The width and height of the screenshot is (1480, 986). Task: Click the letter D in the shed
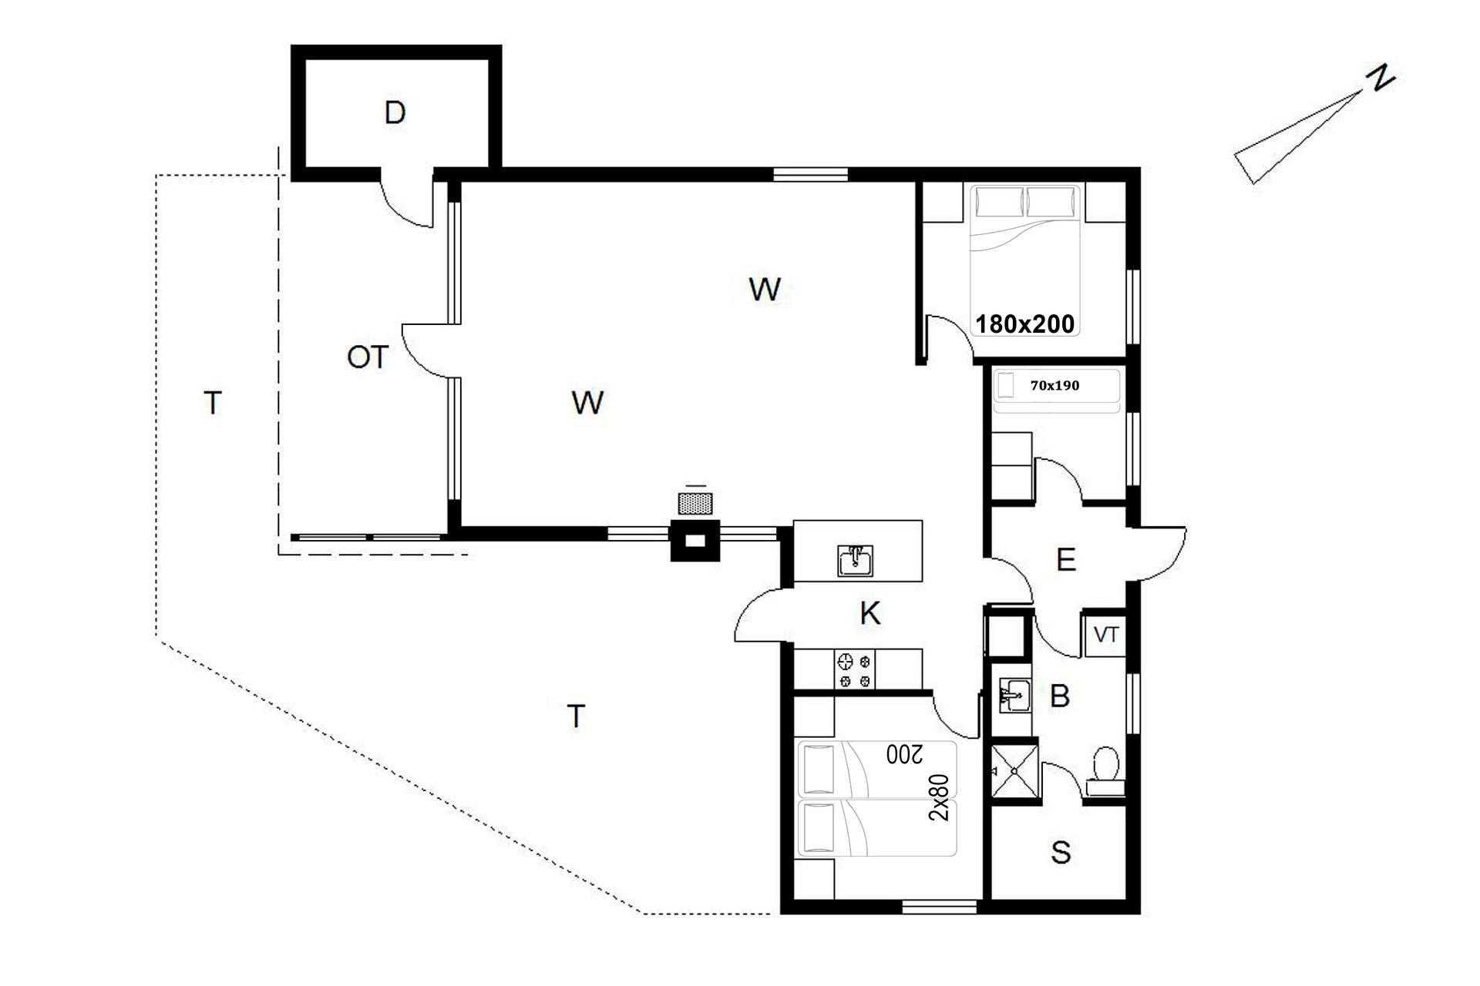[395, 113]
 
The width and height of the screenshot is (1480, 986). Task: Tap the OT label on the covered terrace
[368, 357]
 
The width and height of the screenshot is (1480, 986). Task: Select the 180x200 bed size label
[1025, 324]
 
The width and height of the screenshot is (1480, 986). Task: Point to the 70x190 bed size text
[1054, 385]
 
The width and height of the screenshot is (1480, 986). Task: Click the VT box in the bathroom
[1106, 636]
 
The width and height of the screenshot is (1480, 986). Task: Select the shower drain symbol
[1014, 771]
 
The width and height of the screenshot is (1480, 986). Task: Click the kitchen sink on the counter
[856, 561]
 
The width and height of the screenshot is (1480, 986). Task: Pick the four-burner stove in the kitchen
[856, 670]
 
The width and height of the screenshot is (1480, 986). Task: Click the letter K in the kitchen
[870, 614]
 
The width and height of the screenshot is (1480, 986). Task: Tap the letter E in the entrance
[1066, 560]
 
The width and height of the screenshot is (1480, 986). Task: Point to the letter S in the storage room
[1061, 853]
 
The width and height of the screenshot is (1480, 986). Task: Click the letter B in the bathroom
[1060, 696]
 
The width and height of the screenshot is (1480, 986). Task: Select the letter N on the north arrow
[1381, 79]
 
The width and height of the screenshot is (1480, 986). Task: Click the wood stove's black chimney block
[695, 541]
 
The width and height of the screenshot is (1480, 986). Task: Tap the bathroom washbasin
[1014, 696]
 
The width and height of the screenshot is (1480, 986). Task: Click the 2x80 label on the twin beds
[940, 797]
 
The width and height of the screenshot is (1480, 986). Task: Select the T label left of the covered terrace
[213, 403]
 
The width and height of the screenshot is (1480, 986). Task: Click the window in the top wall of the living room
[810, 174]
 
